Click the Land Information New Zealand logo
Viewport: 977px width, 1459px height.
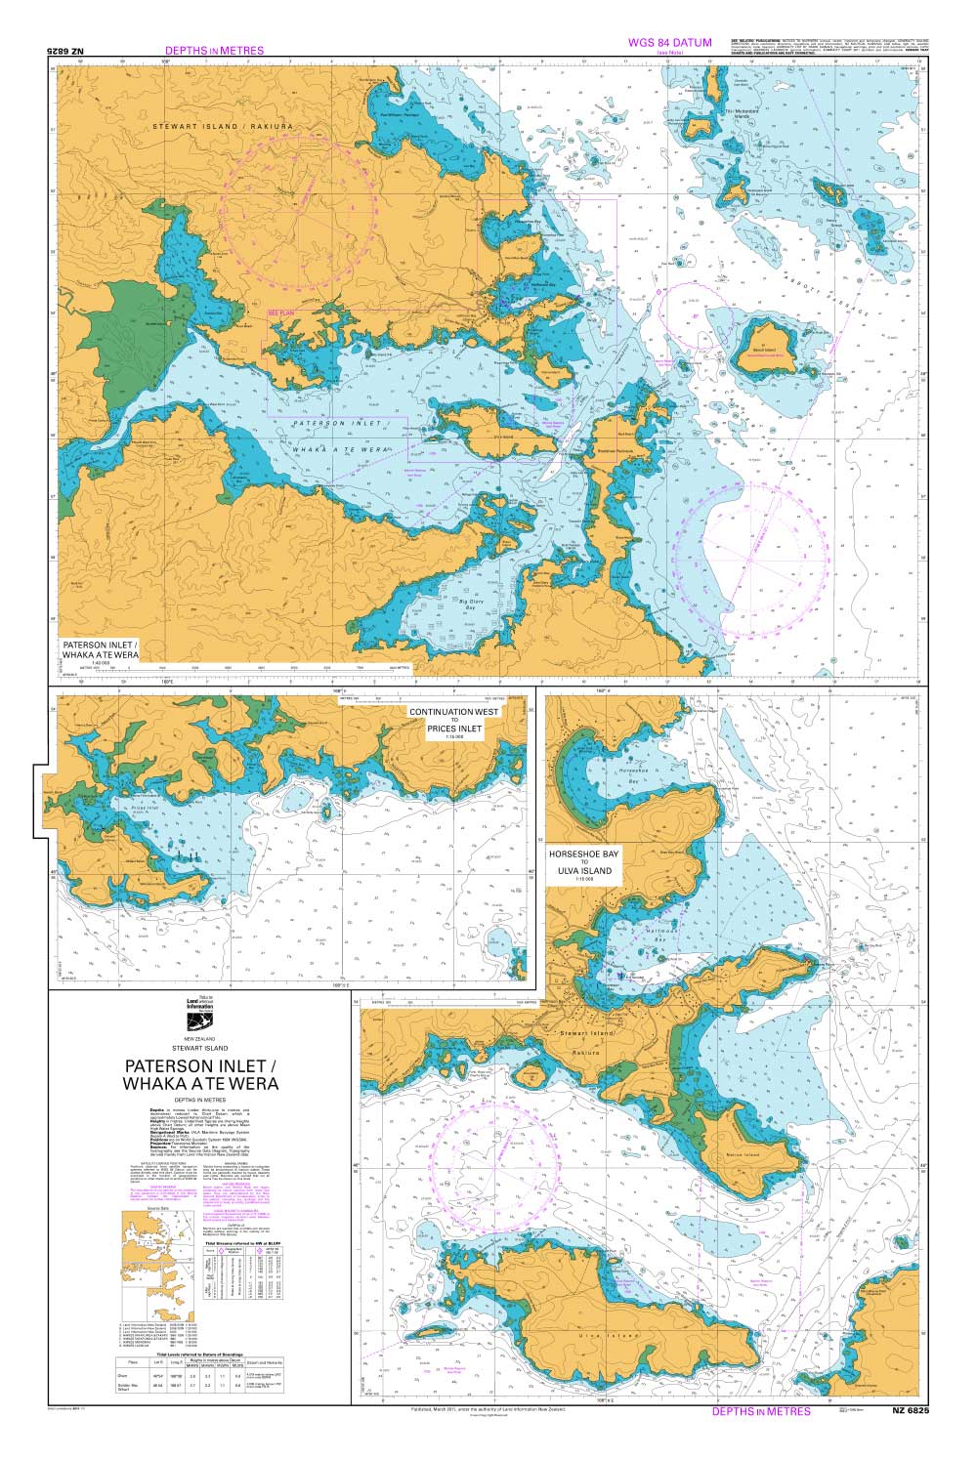[x=200, y=1012]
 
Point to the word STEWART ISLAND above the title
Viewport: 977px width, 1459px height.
[x=200, y=1048]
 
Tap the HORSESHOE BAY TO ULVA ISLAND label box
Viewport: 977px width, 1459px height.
[x=585, y=865]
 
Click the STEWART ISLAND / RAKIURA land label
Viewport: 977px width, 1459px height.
[x=217, y=128]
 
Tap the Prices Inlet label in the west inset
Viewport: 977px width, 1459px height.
[x=145, y=808]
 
